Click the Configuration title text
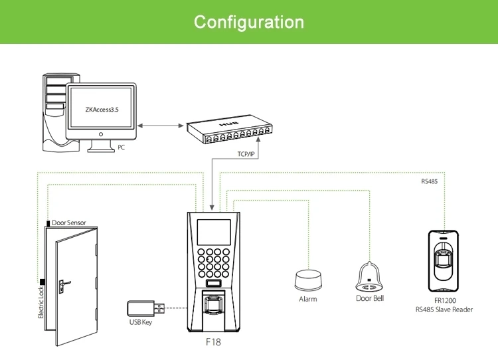point(249,22)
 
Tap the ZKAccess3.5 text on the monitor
point(102,110)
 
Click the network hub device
point(229,132)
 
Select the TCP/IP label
point(246,154)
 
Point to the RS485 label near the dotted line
point(430,181)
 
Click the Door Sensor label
point(69,223)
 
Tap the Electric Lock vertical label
point(41,302)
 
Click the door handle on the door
point(64,285)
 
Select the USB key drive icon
point(146,309)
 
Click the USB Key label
point(141,322)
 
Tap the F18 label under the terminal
point(213,342)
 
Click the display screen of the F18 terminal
point(214,232)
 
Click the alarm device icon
point(308,280)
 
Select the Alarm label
point(307,299)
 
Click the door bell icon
point(369,276)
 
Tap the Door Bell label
point(370,298)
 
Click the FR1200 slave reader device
point(444,261)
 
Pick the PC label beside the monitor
point(121,147)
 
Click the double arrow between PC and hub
point(161,126)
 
